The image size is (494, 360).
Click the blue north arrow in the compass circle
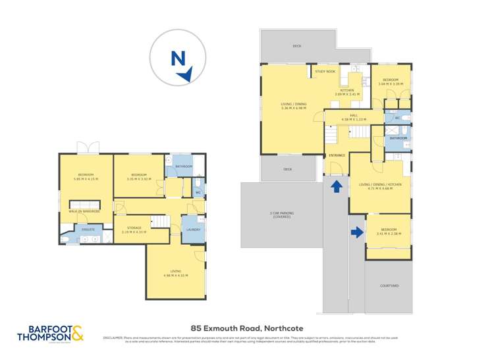point(186,75)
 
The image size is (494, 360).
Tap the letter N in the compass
point(177,59)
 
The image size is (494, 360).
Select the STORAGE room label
point(134,228)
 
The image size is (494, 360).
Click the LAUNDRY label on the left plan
point(193,229)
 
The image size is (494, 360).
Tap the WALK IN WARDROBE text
point(86,211)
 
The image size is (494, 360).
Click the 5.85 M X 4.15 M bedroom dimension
point(86,178)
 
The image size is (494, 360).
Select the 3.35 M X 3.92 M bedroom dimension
point(140,178)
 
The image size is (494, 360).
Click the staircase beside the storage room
point(160,222)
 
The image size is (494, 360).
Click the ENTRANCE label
point(337,155)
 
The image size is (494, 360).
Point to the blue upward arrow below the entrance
point(335,186)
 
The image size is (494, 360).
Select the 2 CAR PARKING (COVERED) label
point(281,215)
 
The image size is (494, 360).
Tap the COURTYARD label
point(389,286)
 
